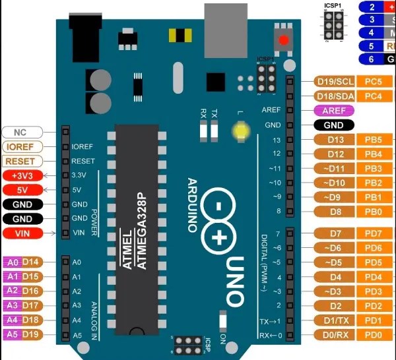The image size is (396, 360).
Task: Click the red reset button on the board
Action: tap(284, 40)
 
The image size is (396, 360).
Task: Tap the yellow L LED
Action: tap(239, 130)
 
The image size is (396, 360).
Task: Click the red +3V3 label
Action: tap(22, 176)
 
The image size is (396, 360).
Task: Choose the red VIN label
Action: tap(22, 233)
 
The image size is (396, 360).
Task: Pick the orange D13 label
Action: tap(336, 140)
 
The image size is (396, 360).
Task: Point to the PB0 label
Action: tap(374, 212)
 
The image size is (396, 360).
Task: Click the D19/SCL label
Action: tap(336, 82)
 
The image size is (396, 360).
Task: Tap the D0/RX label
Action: tap(336, 335)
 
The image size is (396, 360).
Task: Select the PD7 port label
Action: tap(374, 234)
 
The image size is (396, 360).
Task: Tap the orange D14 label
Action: tap(32, 262)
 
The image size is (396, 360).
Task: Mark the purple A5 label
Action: tap(12, 334)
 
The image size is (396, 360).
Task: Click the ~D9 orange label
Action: tap(336, 197)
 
